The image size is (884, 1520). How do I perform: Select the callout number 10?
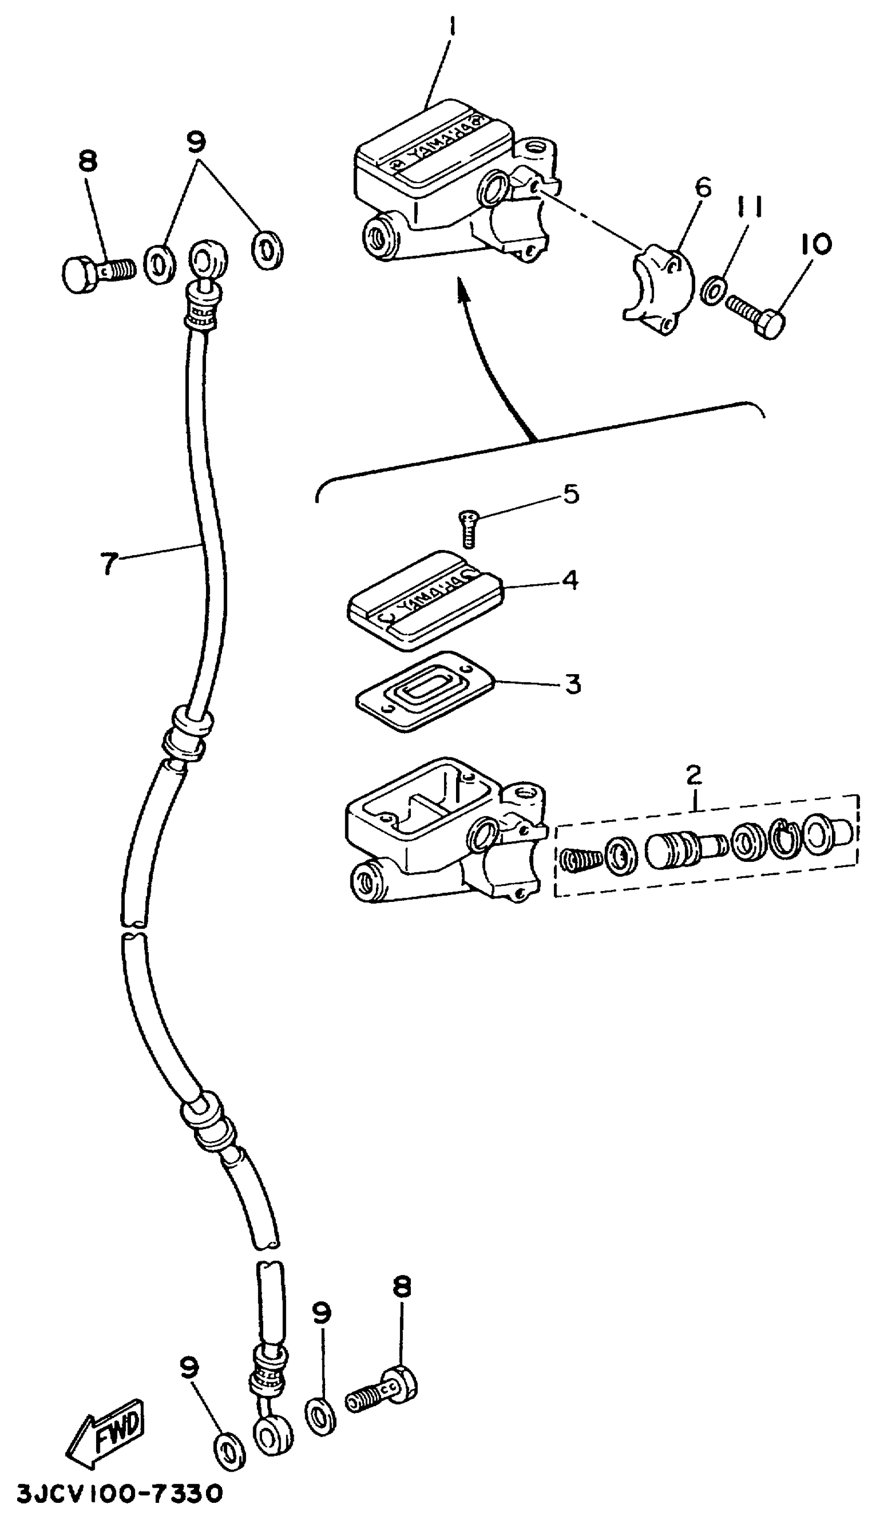click(x=816, y=244)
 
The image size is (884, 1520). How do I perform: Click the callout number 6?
click(x=703, y=188)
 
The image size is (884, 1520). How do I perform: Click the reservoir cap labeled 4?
click(x=425, y=601)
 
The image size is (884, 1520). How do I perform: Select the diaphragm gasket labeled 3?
click(x=425, y=691)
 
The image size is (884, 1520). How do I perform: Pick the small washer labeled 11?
click(x=712, y=290)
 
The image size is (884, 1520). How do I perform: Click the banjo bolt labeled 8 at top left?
click(x=97, y=274)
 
